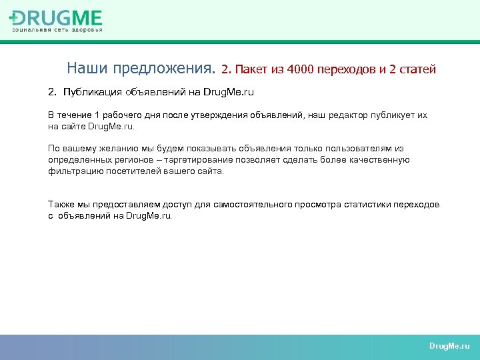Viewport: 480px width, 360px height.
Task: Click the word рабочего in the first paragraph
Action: click(x=119, y=115)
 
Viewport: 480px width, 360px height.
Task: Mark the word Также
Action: click(x=61, y=205)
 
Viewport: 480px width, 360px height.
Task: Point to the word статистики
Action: click(x=365, y=205)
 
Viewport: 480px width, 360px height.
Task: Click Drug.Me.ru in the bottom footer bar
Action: click(x=449, y=347)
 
